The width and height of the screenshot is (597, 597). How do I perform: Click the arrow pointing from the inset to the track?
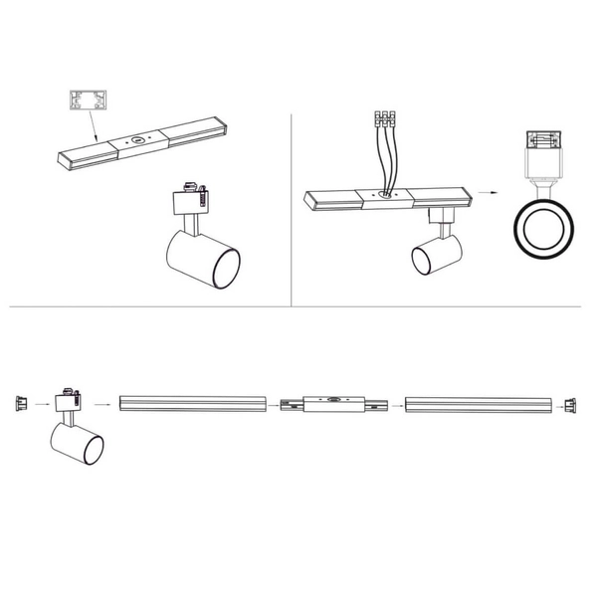click(x=93, y=126)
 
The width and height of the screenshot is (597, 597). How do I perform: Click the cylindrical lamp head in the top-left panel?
click(x=202, y=257)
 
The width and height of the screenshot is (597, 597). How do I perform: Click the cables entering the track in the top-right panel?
click(x=385, y=159)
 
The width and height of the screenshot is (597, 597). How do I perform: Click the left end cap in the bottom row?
click(x=18, y=404)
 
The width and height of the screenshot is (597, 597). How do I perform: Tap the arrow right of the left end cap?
click(x=41, y=405)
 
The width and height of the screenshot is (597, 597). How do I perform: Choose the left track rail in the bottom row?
click(x=192, y=405)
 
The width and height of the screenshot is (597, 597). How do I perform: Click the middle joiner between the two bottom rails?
click(x=331, y=405)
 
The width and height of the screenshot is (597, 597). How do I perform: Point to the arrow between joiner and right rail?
click(x=394, y=405)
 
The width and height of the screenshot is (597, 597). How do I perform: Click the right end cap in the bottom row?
click(x=569, y=405)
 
